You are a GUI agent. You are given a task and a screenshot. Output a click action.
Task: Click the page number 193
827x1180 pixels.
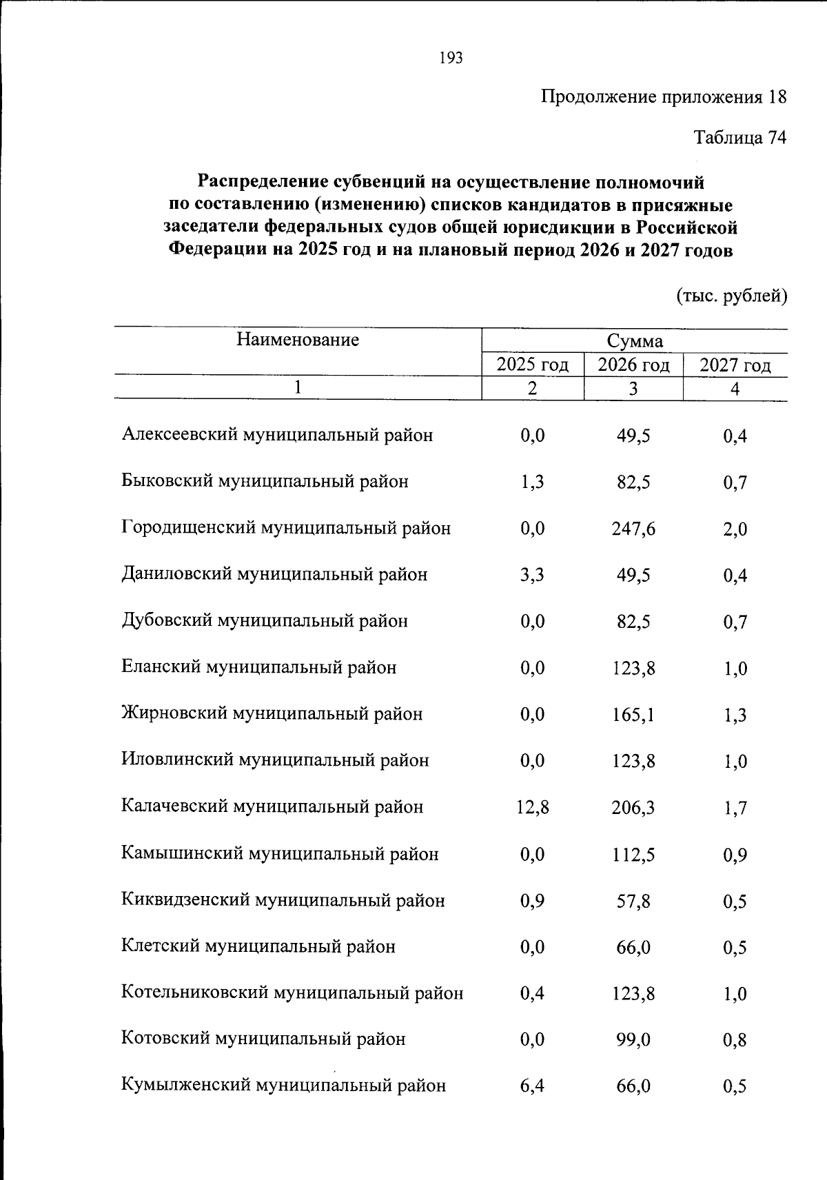click(450, 59)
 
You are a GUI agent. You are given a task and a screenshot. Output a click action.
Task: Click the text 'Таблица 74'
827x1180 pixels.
click(739, 139)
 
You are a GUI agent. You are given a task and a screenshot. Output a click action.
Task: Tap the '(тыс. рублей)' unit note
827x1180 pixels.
click(731, 296)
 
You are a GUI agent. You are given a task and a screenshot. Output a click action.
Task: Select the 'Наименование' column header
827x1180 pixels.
click(298, 340)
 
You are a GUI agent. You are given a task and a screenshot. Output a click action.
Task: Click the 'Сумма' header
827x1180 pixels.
click(634, 341)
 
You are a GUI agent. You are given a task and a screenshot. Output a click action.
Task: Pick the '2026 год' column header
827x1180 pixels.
click(633, 365)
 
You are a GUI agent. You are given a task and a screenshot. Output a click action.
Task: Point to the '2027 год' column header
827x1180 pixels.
click(735, 365)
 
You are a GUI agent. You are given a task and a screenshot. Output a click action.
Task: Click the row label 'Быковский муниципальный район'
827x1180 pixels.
click(265, 482)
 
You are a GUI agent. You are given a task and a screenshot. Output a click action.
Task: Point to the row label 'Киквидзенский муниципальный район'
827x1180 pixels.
click(283, 901)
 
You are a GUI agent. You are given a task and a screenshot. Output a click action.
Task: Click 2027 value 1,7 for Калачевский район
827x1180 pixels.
click(735, 808)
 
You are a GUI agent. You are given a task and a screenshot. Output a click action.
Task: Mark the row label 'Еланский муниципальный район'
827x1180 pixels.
click(258, 668)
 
